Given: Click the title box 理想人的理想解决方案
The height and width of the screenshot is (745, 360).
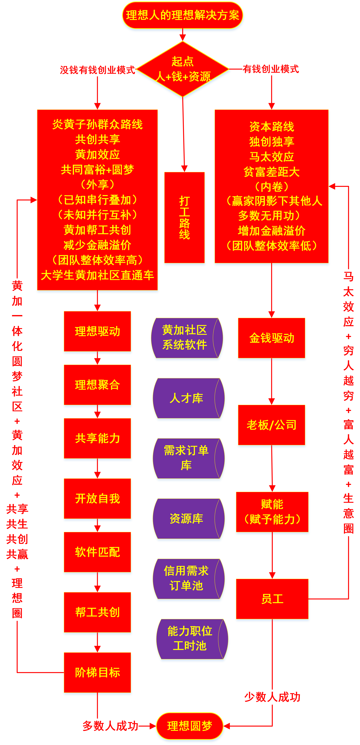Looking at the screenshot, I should click(x=182, y=15).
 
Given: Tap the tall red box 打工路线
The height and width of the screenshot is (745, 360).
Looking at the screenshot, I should click(x=184, y=218).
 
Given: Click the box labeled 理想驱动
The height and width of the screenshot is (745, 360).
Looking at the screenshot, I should click(x=97, y=331).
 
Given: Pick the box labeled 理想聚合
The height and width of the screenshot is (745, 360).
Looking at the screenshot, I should click(x=97, y=385).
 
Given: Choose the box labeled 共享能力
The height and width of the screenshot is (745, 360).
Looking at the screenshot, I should click(x=97, y=438).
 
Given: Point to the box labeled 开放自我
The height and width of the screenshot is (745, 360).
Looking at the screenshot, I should click(x=97, y=498).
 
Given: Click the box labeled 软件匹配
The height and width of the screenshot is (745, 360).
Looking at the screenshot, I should click(x=97, y=552).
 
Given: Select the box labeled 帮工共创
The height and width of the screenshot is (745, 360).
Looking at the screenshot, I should click(x=97, y=612).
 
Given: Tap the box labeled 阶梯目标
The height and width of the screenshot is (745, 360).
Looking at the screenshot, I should click(x=97, y=672).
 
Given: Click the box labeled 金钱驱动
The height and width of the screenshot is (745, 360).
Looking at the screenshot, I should click(x=272, y=338).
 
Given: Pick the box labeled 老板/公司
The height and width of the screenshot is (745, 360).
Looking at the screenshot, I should click(x=272, y=425).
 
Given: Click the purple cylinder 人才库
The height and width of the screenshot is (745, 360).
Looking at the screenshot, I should click(x=187, y=398).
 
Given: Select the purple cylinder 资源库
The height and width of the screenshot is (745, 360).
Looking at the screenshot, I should click(x=187, y=519).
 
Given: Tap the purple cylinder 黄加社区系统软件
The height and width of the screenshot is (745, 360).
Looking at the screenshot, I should click(x=185, y=338).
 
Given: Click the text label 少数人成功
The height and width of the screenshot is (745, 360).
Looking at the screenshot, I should click(x=272, y=697).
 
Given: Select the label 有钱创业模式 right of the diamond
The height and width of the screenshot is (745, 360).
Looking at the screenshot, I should click(x=271, y=69).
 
